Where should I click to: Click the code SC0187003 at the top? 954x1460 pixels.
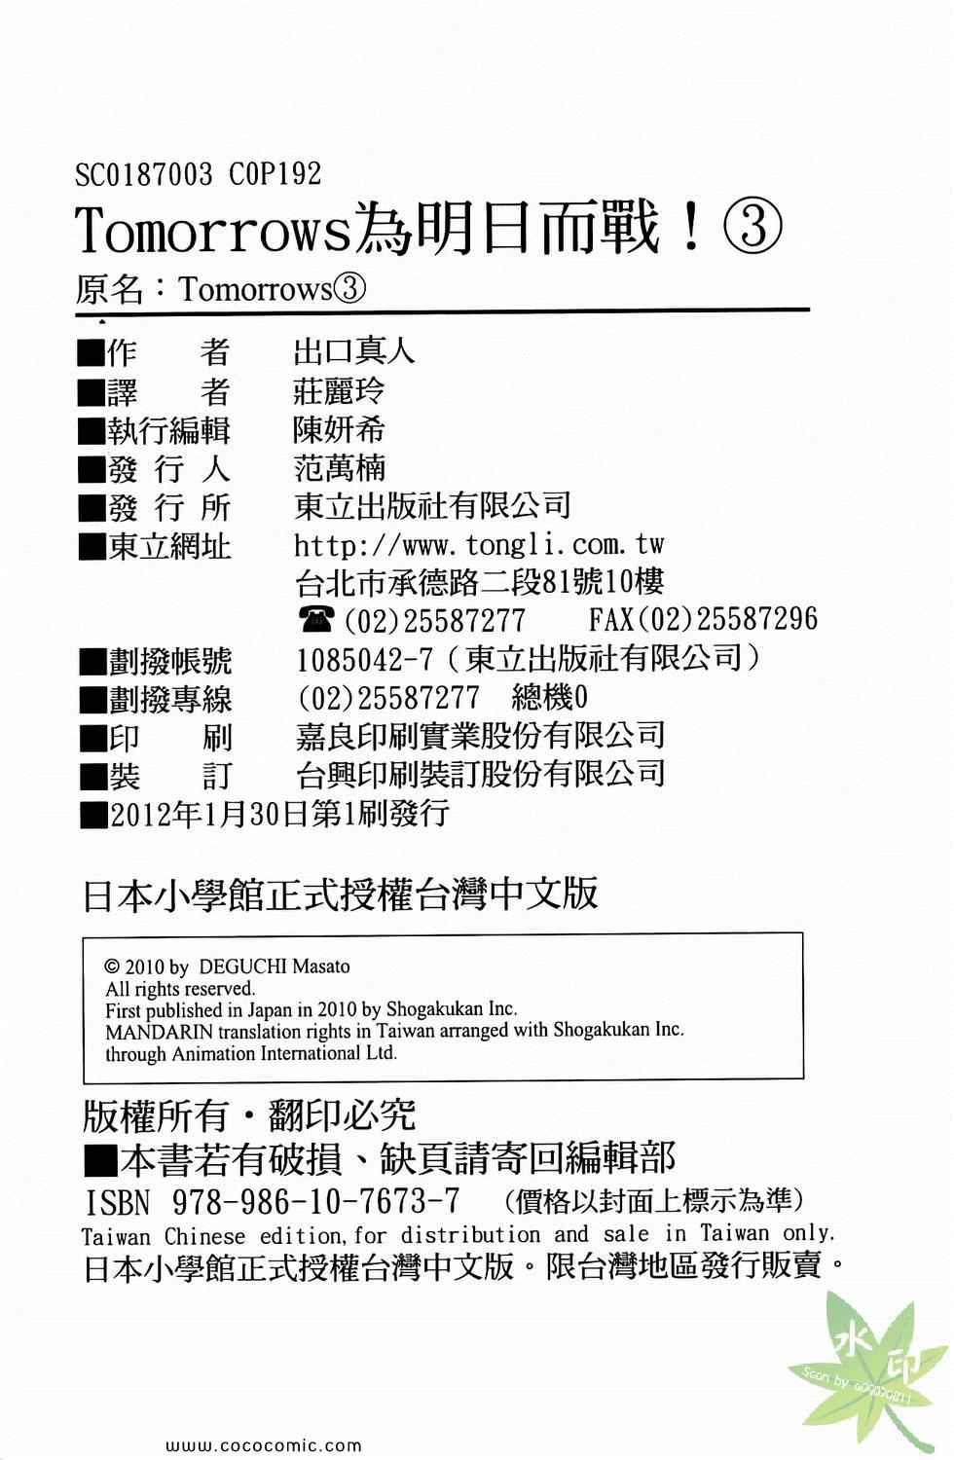pos(143,174)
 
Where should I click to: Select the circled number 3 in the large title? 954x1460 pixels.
pos(752,230)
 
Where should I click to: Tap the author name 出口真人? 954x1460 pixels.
pos(353,350)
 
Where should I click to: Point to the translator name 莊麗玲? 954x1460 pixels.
pos(339,390)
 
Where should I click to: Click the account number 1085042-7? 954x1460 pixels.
pos(364,660)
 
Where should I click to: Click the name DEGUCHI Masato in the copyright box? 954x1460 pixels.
pos(274,967)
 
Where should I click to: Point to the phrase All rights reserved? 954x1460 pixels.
pos(180,989)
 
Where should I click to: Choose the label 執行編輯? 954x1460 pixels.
pos(169,429)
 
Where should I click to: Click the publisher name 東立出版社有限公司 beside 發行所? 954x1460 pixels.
pos(432,505)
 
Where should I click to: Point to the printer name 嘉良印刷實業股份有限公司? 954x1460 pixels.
pos(480,736)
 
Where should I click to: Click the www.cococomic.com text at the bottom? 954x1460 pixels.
pos(265,1446)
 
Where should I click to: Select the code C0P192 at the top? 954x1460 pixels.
pos(275,174)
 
